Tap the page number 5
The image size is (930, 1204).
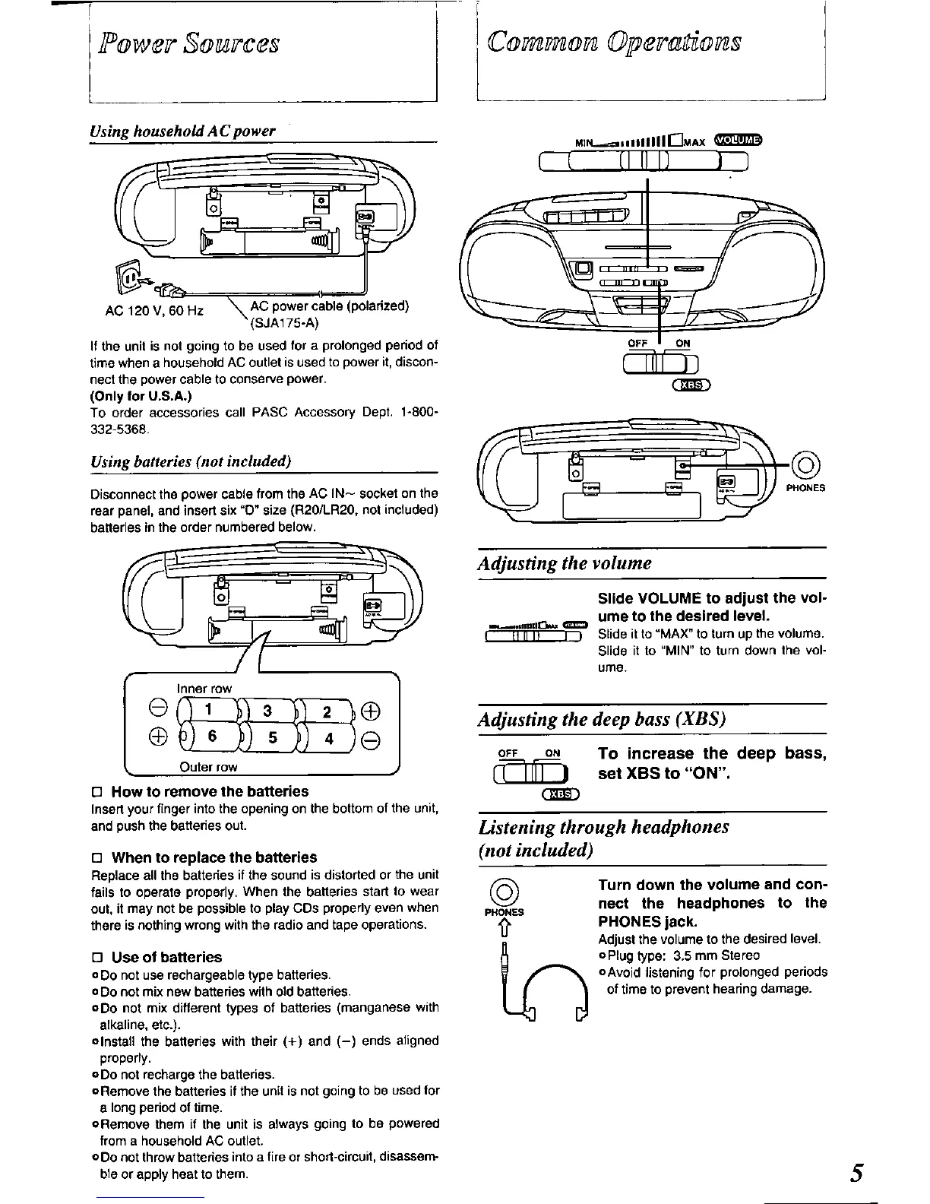coord(858,1173)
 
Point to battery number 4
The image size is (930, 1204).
coord(328,737)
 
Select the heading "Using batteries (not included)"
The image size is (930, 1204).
coord(191,462)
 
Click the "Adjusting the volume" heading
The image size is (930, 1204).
coord(565,563)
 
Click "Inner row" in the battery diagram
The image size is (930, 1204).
coord(204,689)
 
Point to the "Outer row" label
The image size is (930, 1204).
coord(208,767)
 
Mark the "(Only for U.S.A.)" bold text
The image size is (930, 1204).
coord(131,396)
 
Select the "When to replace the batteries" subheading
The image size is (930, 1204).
coord(214,857)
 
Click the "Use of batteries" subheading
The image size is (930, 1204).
coord(166,957)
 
